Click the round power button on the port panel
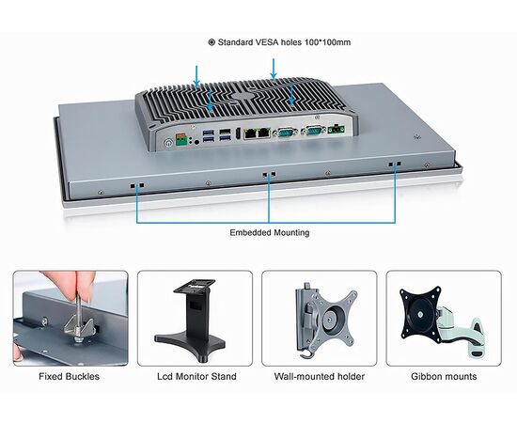(x=169, y=143)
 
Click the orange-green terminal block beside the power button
(x=181, y=140)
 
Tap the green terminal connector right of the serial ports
(x=337, y=129)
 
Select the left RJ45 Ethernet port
(x=250, y=133)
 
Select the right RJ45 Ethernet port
(x=264, y=133)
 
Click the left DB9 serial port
(x=286, y=132)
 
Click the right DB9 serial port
(x=314, y=131)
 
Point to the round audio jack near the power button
(x=196, y=142)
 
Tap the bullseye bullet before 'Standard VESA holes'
(x=211, y=42)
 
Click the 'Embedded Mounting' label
(x=270, y=232)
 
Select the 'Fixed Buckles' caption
(x=69, y=376)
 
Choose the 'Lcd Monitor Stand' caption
(x=196, y=376)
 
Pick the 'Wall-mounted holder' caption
(x=320, y=376)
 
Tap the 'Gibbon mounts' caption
(x=444, y=376)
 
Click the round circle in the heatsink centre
(x=243, y=96)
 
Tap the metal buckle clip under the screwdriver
(x=78, y=327)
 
